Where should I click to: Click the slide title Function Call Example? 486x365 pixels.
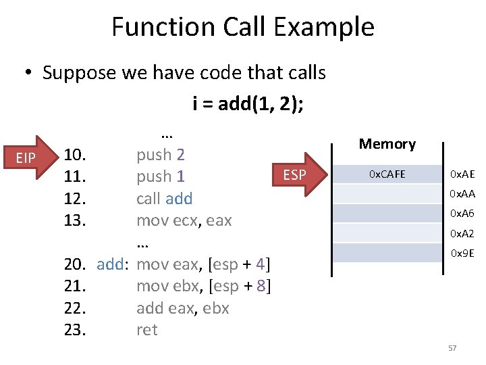click(x=242, y=27)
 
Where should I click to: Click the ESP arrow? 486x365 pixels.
click(x=297, y=176)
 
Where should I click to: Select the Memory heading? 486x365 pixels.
click(x=387, y=144)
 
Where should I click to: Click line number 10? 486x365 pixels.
click(x=74, y=155)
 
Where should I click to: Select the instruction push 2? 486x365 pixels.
click(x=161, y=155)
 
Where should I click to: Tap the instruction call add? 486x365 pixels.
click(x=164, y=199)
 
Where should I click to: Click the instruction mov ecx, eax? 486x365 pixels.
click(x=184, y=220)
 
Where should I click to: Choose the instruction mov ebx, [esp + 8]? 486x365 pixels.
click(x=204, y=286)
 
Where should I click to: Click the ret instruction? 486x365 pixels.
click(x=146, y=330)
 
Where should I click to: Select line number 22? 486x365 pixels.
click(x=74, y=308)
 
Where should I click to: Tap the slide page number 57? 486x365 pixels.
click(x=452, y=348)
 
